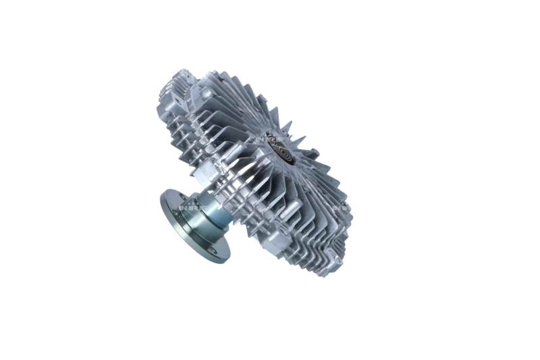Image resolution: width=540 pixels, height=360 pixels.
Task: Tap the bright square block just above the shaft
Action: click(x=203, y=178)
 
